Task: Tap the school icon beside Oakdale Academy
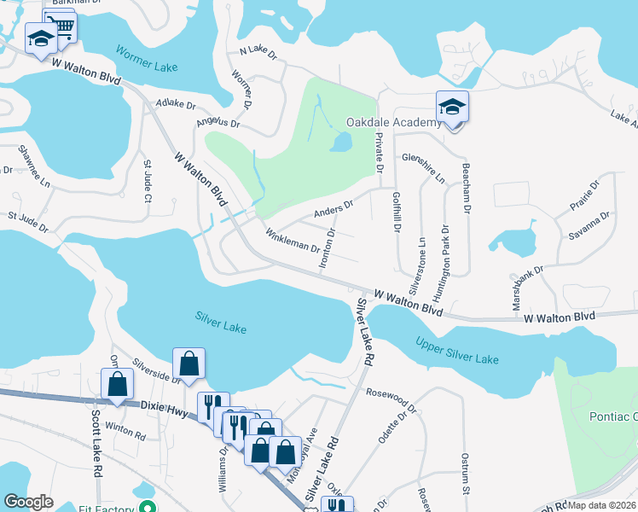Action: (x=453, y=108)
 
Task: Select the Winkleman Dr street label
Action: (x=292, y=241)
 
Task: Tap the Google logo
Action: (x=28, y=502)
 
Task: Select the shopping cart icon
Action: (x=61, y=27)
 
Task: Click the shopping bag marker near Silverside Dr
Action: (x=189, y=364)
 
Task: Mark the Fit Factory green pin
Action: (x=148, y=507)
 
